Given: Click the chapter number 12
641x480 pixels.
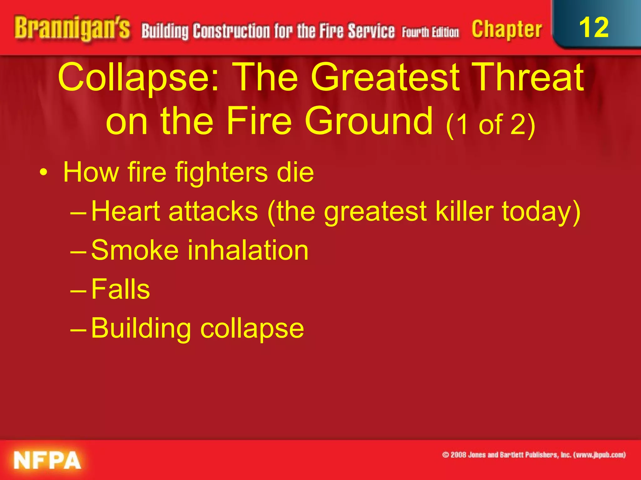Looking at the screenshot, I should coord(594,27).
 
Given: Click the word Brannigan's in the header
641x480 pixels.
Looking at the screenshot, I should coord(72,29).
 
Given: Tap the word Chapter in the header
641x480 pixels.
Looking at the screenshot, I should coord(507,30).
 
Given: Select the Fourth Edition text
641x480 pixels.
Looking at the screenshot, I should coord(430,32).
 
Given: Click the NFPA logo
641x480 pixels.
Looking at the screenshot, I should coord(47,460).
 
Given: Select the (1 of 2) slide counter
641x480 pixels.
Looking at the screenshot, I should coord(490,125).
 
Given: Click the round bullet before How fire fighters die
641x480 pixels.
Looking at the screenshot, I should coord(44,172).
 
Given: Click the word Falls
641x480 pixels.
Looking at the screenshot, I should coord(121,289).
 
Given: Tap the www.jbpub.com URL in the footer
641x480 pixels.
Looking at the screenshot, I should coord(599,455).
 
